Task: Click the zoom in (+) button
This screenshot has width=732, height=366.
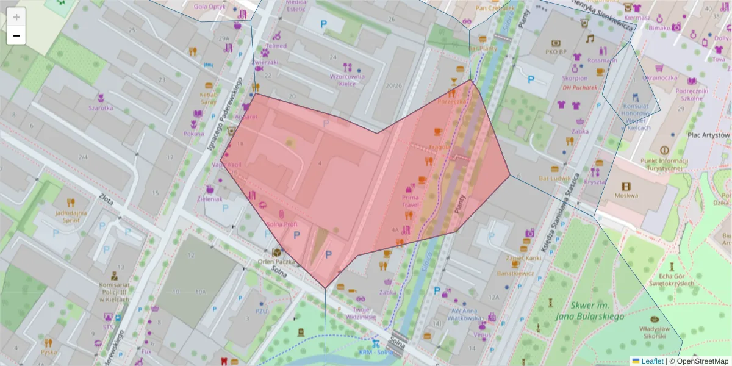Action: (x=16, y=17)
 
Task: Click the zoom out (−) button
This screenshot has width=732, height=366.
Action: (x=16, y=36)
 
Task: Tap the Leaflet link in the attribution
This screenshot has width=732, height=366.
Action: (x=652, y=361)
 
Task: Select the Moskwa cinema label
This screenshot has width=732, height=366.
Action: (x=626, y=195)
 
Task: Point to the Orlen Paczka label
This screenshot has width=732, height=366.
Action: (x=276, y=262)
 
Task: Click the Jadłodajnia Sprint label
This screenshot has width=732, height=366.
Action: (x=71, y=217)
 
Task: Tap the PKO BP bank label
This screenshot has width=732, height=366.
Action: (x=556, y=51)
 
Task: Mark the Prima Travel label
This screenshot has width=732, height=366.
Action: (x=411, y=201)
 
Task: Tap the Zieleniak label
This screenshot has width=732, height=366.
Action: (x=210, y=199)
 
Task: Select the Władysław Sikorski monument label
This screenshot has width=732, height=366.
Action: (x=655, y=332)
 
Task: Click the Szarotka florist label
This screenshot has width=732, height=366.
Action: (x=101, y=107)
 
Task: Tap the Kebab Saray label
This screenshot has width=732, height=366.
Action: (x=209, y=98)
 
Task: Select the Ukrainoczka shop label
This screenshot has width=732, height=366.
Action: (x=659, y=77)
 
